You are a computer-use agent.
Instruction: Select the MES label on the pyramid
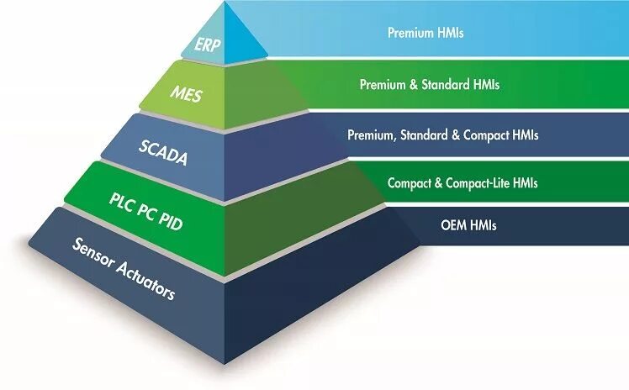tap(186, 92)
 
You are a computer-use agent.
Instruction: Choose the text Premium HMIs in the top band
tap(425, 34)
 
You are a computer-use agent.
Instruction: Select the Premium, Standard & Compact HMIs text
tap(443, 134)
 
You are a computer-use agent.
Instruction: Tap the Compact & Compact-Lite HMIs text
tap(462, 182)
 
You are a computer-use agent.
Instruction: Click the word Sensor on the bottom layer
tap(94, 255)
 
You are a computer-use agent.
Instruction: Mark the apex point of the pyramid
tap(226, 3)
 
